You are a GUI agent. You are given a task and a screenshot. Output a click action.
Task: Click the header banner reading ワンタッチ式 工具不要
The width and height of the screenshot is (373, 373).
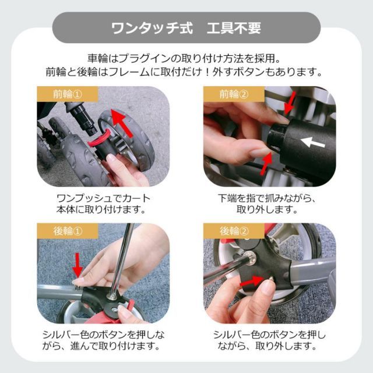186,27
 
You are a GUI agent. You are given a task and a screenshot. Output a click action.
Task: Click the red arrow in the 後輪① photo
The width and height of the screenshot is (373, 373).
76,265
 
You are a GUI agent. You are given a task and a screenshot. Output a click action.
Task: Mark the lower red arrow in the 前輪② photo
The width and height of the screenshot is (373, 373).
266,165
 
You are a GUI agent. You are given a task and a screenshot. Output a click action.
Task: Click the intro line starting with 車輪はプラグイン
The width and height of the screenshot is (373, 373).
186,59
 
